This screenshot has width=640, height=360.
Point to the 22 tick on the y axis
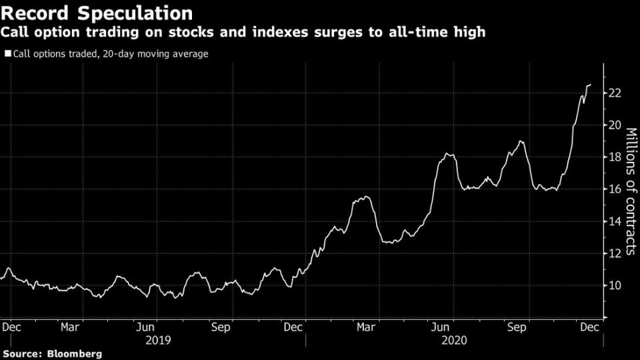(x=614, y=93)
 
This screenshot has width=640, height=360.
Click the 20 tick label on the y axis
(x=614, y=125)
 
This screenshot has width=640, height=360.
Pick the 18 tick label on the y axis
(x=614, y=157)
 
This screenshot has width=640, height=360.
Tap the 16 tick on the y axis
(x=614, y=189)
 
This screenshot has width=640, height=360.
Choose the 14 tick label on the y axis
(x=614, y=221)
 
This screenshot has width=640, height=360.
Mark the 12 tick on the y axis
(x=614, y=253)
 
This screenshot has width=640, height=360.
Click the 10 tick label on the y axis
(x=614, y=285)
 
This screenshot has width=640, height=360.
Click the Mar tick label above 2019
(x=71, y=327)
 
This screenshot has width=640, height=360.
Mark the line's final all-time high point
(x=590, y=85)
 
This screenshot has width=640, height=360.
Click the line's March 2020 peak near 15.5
(x=364, y=196)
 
